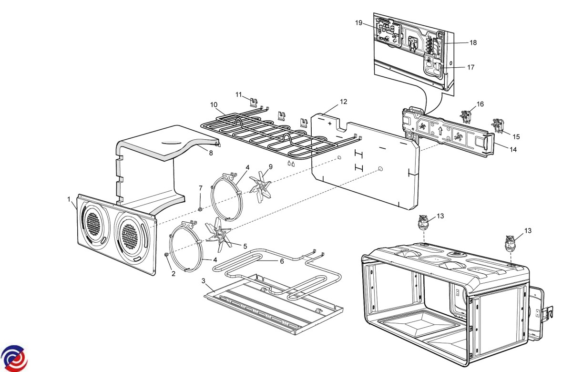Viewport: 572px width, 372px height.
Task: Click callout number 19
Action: [359, 22]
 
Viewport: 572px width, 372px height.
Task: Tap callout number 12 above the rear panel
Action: [344, 102]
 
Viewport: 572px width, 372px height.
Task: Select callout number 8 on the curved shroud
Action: [211, 153]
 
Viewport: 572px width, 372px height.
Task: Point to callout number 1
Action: [69, 198]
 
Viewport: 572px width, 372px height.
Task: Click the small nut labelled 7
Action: [201, 209]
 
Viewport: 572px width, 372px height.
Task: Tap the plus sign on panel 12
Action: [329, 123]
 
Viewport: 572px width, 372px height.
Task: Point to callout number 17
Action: [470, 67]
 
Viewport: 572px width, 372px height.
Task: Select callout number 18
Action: [473, 42]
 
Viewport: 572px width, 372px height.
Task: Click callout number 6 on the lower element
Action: [282, 261]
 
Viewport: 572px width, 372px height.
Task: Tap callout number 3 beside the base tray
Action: [204, 281]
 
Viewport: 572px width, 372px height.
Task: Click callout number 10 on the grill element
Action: [214, 104]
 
